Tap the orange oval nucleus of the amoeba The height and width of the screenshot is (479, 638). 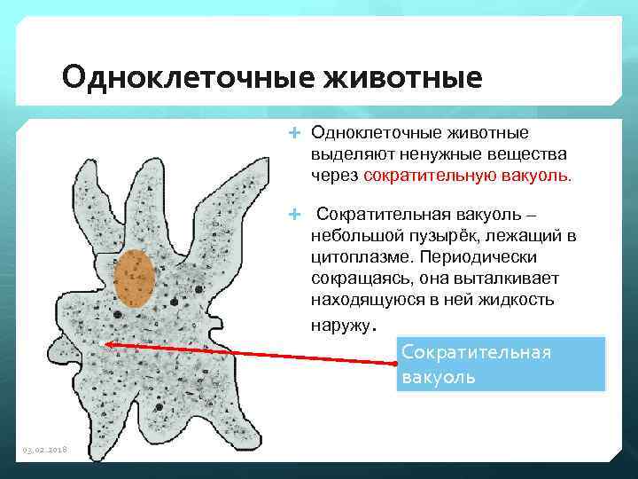tap(135, 278)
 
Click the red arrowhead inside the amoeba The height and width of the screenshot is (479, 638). tap(107, 344)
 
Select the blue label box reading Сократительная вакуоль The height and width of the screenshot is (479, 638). tap(501, 364)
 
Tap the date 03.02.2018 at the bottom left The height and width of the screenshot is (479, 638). tap(44, 451)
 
